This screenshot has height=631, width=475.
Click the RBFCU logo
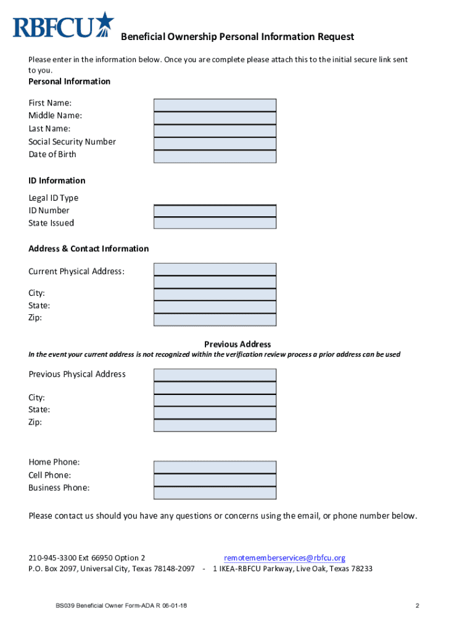64,26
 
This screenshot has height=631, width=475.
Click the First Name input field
215,105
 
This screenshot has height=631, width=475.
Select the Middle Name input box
215,118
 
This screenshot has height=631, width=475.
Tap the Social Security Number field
215,144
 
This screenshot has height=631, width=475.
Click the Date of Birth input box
215,157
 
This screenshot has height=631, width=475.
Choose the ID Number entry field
215,211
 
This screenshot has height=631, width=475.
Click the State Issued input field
215,223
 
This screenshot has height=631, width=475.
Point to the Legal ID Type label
54,198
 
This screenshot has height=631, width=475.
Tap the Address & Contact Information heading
88,249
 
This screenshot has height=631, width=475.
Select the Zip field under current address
215,319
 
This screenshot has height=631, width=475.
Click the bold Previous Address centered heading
238,344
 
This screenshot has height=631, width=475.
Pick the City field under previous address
215,401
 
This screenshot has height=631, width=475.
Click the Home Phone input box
215,467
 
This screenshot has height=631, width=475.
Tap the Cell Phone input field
215,480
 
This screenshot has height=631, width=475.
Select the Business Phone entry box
215,493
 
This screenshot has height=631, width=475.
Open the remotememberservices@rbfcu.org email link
284,558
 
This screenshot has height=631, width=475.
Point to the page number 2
418,605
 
